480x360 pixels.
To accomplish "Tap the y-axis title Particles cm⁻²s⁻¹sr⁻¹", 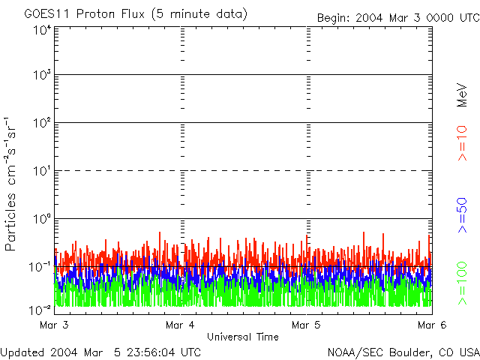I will (x=12, y=184).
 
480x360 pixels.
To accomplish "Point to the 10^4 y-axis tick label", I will (x=42, y=31).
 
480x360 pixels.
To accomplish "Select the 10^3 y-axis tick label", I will (x=42, y=76).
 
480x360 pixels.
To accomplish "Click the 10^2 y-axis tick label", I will (x=42, y=124).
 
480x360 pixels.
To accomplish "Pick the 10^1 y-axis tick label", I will (x=42, y=172).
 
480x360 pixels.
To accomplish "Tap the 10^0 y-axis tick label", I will (x=42, y=220).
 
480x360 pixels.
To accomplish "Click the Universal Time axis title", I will (x=243, y=337).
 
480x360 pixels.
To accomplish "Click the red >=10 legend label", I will (x=463, y=143).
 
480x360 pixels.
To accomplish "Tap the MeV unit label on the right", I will (x=463, y=95).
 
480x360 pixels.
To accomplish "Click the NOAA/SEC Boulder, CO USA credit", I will (x=403, y=352).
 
